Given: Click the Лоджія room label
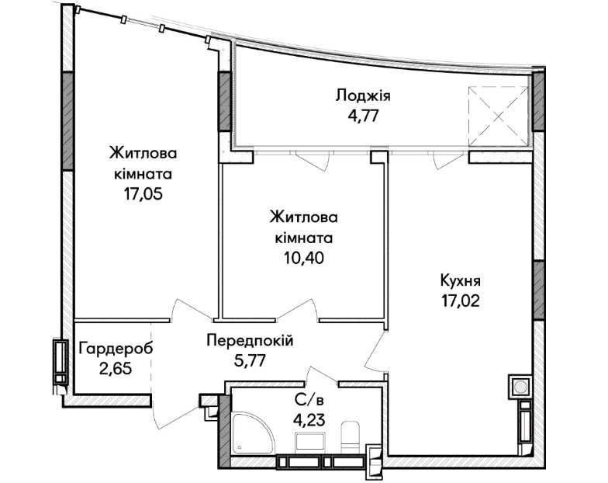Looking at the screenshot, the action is coord(363,96).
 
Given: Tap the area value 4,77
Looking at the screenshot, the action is coord(363,116).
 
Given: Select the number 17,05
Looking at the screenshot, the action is coord(143,194).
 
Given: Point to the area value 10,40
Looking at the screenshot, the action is coord(304,258).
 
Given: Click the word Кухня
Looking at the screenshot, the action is coord(461,280).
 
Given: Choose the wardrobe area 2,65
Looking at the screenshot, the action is coord(116,368).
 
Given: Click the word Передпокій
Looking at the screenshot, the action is coord(250,341).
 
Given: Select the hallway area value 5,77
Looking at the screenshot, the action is coord(250,360).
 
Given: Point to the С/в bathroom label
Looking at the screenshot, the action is coord(309,399).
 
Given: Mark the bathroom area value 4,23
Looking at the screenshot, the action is coord(309,419).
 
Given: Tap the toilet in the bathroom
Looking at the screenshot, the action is coord(351,437).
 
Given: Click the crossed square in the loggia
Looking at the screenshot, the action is coord(499,116).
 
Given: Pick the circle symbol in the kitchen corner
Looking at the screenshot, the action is coord(520,387).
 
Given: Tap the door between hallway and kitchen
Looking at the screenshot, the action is coord(375,352).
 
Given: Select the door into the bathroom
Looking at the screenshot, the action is coord(323,374).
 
